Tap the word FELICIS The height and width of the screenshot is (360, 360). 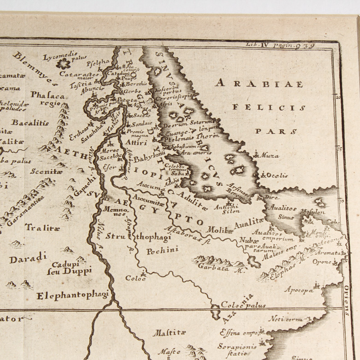269,107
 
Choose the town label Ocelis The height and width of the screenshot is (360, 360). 277,175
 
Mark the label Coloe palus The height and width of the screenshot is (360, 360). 237,305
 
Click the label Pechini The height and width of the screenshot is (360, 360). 159,252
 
